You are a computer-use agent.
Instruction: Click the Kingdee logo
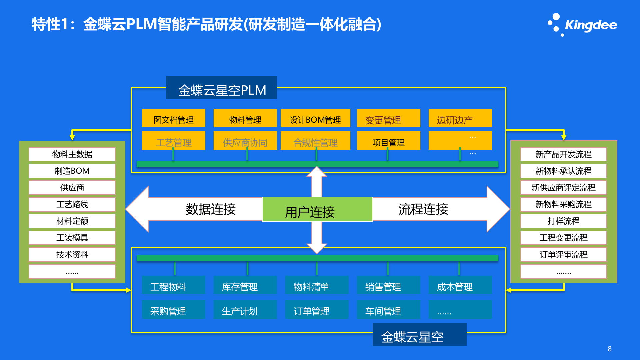(x=583, y=25)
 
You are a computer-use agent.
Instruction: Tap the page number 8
(x=609, y=349)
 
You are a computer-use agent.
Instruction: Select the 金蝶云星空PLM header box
(x=221, y=88)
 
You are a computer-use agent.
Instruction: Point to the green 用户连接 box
(x=317, y=209)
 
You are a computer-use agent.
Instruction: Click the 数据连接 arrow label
(x=211, y=209)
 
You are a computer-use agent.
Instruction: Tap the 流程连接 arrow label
(x=423, y=209)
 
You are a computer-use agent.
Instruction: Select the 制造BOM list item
(x=72, y=171)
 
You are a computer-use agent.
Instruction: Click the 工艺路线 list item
(x=72, y=204)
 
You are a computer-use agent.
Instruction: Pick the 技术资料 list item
(x=72, y=255)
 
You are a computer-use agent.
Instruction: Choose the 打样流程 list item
(x=563, y=221)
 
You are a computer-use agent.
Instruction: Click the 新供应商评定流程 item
(x=563, y=188)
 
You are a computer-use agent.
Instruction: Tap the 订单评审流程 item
(x=563, y=255)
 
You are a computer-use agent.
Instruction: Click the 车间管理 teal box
(x=388, y=310)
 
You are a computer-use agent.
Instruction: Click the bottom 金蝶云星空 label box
(x=419, y=335)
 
